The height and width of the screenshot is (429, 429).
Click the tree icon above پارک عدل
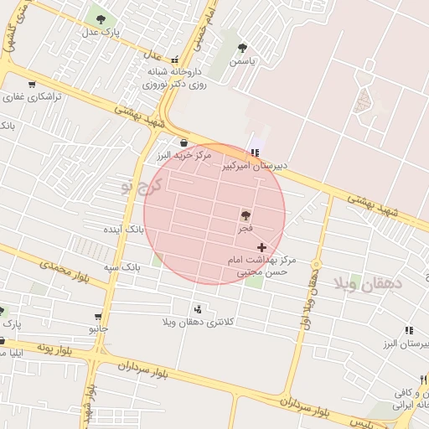[x=101, y=18]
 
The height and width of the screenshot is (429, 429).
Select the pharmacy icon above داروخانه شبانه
[x=175, y=60]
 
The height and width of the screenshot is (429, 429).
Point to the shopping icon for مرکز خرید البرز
[x=183, y=142]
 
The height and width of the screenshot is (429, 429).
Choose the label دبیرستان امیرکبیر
[x=254, y=166]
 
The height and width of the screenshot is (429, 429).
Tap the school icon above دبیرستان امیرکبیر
[x=255, y=152]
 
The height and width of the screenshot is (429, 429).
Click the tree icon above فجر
[x=245, y=215]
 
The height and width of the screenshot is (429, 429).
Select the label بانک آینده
[x=124, y=229]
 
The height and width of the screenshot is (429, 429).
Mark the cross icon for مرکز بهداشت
[x=262, y=247]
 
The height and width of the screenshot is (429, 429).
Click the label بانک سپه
[x=121, y=266]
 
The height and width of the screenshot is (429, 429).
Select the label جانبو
[x=99, y=328]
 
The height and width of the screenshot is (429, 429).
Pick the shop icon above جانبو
[x=99, y=317]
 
